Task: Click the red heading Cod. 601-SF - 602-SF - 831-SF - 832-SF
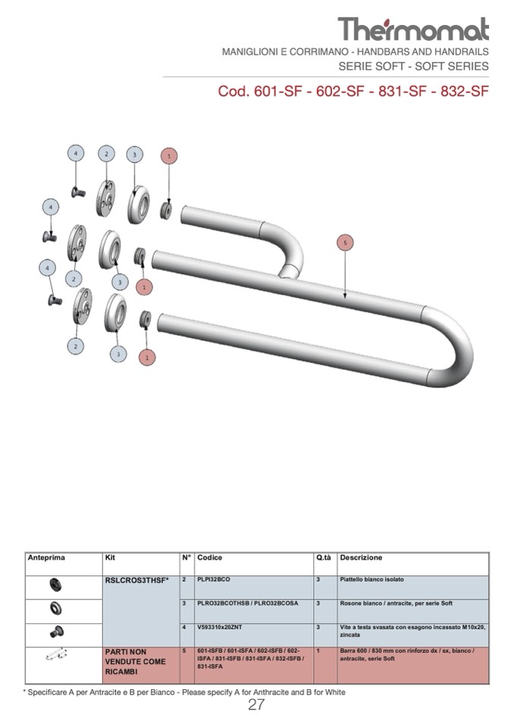point(353,92)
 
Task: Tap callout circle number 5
point(345,243)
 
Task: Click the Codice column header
point(210,558)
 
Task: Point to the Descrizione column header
point(361,558)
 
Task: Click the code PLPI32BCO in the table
point(214,579)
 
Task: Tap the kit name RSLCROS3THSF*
point(136,580)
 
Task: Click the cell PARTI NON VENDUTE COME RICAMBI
point(135,662)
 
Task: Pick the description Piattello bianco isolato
point(371,579)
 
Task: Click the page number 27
point(256,705)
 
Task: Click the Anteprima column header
point(46,558)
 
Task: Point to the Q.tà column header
point(324,558)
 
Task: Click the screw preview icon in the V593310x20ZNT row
point(55,631)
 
